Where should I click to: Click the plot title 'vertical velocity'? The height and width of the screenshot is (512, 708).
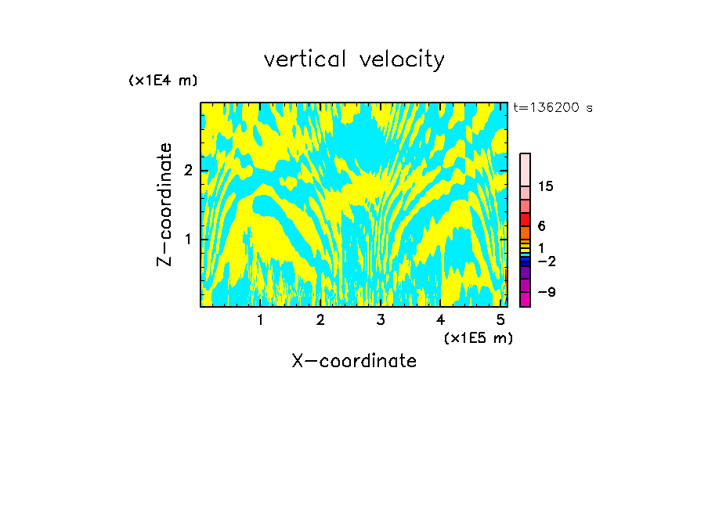coord(354,59)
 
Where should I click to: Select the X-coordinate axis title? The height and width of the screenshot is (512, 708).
coord(354,361)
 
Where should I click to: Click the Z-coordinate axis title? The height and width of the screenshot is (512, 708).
coord(164,204)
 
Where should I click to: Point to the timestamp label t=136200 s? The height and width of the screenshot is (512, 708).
coord(553,108)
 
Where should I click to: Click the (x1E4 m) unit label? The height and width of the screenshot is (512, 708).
coord(163,81)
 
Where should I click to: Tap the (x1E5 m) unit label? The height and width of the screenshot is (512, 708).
coord(478,337)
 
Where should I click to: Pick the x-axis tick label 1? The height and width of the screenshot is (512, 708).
coord(261,320)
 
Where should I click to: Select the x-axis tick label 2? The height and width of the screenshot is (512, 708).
coord(320,320)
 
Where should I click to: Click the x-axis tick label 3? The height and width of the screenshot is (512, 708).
coord(381,320)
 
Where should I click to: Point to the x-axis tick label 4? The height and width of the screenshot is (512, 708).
coord(440,320)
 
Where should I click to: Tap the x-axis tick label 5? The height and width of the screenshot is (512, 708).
coord(500,320)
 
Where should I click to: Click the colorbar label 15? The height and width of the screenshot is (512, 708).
coord(546,186)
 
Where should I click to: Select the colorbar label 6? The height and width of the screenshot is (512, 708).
coord(541,226)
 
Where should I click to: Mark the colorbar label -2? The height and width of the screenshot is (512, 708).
coord(546,261)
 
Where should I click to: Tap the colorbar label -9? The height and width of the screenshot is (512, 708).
coord(546,292)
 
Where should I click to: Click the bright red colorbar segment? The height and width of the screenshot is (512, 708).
coord(526,219)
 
